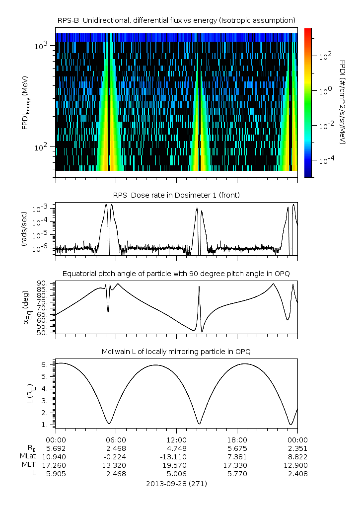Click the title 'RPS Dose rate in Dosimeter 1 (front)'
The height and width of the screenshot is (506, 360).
(x=176, y=195)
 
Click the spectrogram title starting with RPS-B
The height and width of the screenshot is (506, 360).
(x=176, y=20)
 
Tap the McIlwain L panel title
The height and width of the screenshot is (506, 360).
(x=176, y=352)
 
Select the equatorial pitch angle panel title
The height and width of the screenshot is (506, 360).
(x=176, y=274)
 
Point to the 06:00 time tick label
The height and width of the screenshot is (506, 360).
(x=116, y=439)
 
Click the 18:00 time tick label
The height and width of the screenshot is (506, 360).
(x=237, y=439)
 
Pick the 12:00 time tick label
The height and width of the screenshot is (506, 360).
(x=176, y=439)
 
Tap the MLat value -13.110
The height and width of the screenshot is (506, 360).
(x=176, y=456)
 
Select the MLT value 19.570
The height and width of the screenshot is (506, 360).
(x=176, y=465)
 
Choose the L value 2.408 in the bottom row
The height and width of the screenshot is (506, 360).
(x=297, y=473)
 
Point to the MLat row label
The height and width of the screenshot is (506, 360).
(x=27, y=456)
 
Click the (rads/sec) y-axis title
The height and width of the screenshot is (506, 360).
(x=24, y=229)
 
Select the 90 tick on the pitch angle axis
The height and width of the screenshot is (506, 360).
(x=43, y=283)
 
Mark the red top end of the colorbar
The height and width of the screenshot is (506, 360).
(x=308, y=31)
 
